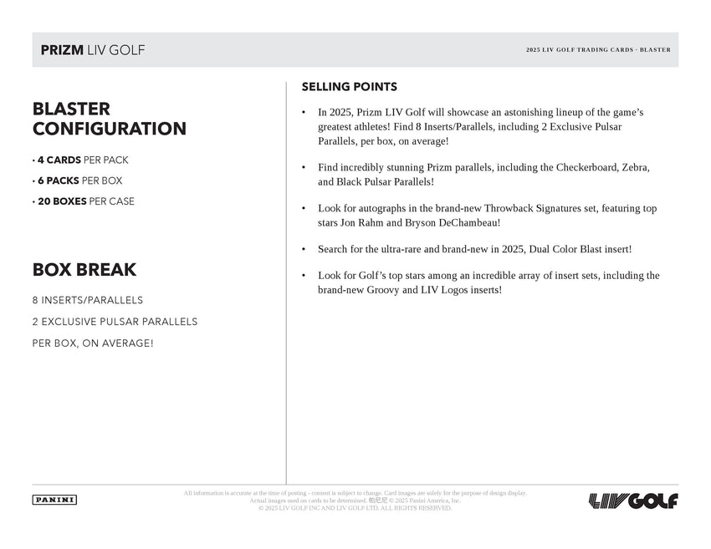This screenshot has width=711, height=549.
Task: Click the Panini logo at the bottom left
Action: (54, 500)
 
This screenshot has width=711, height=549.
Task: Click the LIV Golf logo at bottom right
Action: (633, 501)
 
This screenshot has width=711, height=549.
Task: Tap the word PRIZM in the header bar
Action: (62, 50)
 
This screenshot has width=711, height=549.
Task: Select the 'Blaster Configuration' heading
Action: (109, 119)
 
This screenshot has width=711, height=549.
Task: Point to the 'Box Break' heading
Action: (84, 270)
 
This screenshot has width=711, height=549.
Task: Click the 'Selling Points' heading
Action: (349, 87)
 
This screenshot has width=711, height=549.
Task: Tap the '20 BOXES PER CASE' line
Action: (84, 201)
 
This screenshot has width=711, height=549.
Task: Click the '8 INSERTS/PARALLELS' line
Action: (88, 300)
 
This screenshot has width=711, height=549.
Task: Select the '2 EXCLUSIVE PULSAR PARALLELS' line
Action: (115, 322)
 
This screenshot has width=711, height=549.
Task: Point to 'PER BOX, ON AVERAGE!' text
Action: (93, 343)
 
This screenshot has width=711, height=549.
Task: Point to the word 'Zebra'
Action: (634, 167)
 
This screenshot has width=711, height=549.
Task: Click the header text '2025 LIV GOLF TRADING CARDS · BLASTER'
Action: (598, 50)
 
